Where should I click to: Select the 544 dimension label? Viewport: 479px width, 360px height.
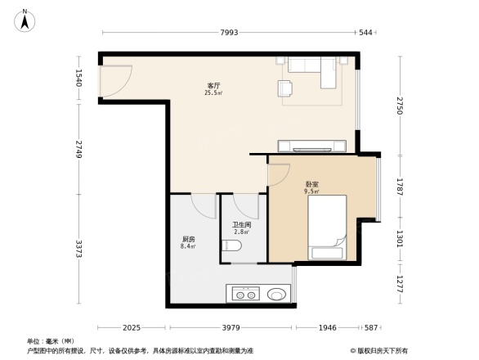365,33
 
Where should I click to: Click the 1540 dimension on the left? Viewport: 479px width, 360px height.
79,78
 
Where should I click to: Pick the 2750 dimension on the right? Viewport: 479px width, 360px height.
401,106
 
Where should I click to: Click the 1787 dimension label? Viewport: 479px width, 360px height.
401,184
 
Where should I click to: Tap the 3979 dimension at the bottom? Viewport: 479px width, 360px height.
231,327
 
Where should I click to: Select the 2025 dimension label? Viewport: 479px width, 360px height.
134,327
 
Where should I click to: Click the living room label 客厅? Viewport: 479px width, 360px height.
214,86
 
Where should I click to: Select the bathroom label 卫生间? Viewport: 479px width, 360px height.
241,225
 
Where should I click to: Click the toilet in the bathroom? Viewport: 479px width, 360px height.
236,246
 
